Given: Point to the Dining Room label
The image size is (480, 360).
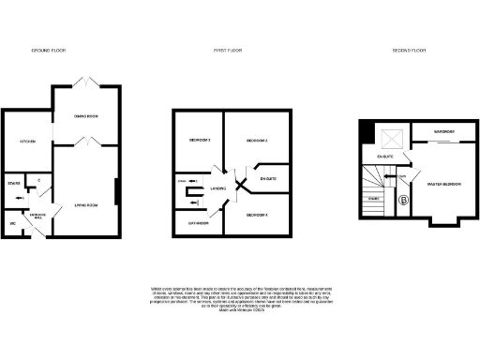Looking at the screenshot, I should coord(86,115).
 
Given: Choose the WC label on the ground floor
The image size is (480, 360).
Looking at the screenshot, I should coord(12,224).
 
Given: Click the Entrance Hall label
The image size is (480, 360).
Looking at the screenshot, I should coord(37,217).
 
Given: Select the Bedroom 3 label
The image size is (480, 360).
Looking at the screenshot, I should coord(198,140).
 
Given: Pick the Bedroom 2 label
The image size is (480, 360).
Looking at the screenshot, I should coord(258,140).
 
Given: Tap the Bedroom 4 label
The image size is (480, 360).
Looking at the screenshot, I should coord(258,217).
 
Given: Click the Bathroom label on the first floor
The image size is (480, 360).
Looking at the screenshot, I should coord(197,224).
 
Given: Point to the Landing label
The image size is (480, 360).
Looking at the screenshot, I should coord(218,188).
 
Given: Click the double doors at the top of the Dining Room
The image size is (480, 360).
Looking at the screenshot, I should coord(86,82).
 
